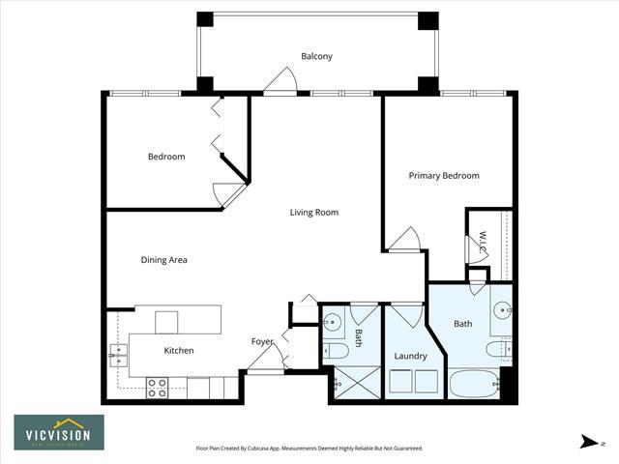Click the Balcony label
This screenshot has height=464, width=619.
(x=316, y=56)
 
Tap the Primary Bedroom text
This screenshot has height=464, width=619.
(x=444, y=176)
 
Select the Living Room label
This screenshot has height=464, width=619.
(x=314, y=213)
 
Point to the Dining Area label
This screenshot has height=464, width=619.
(x=164, y=260)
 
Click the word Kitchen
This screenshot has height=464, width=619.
(x=179, y=350)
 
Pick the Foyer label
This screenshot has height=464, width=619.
(x=263, y=341)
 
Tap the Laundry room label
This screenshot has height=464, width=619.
(x=411, y=356)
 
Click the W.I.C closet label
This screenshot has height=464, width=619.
(x=483, y=238)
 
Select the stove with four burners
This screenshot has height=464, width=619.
(x=158, y=388)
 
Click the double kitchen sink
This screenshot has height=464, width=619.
(x=119, y=356)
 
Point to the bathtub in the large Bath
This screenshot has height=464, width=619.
(x=474, y=385)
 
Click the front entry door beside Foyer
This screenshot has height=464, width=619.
(x=264, y=359)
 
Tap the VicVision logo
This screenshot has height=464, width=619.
(x=59, y=432)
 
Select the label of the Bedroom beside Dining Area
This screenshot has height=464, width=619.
(x=166, y=157)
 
